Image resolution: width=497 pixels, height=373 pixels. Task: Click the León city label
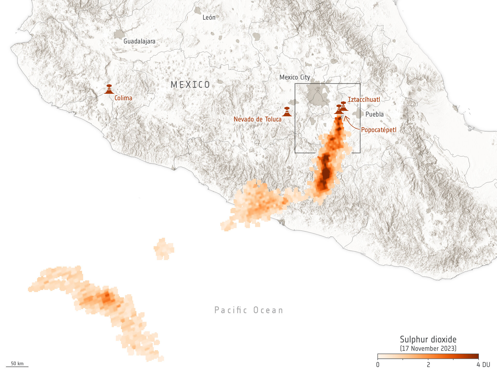pos(209,18)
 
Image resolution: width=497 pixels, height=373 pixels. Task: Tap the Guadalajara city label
pos(139,41)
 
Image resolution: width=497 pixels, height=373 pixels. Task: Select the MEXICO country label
pos(190,85)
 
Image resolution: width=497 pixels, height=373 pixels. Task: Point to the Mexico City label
pos(295,77)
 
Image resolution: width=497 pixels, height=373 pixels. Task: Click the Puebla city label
pos(374,114)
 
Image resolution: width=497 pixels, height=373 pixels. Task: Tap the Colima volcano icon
pos(109,89)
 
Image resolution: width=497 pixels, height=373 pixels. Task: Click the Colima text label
pos(123,98)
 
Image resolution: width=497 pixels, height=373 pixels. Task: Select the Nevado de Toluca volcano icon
pos(287,112)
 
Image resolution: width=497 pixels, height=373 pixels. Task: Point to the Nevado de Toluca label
pos(257,119)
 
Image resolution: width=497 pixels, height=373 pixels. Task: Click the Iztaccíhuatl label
pos(364,100)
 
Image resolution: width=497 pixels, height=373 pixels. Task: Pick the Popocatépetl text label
pos(378,130)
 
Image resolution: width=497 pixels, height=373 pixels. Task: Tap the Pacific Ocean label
pos(249,310)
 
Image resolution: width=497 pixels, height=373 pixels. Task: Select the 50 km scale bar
pos(17,366)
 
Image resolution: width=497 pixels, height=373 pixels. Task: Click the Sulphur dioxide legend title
pos(428,339)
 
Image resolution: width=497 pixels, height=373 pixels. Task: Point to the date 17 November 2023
pos(428,348)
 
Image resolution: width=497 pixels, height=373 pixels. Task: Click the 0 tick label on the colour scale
pos(378,365)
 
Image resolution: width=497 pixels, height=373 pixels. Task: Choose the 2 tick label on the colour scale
pos(428,365)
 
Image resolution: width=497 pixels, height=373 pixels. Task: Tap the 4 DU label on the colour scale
pos(483,365)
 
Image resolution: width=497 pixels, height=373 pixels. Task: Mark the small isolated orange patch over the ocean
pos(164,249)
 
